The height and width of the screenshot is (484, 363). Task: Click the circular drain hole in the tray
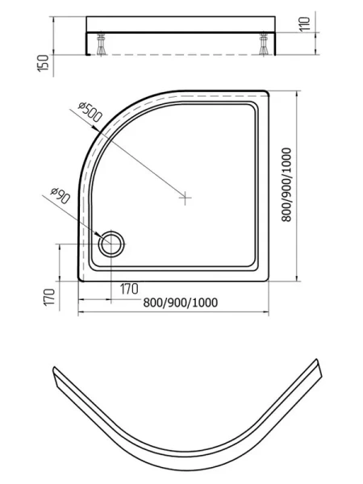[111, 241]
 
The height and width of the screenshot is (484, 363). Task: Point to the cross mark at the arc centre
[186, 196]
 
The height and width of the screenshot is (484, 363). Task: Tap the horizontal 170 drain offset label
[128, 288]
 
